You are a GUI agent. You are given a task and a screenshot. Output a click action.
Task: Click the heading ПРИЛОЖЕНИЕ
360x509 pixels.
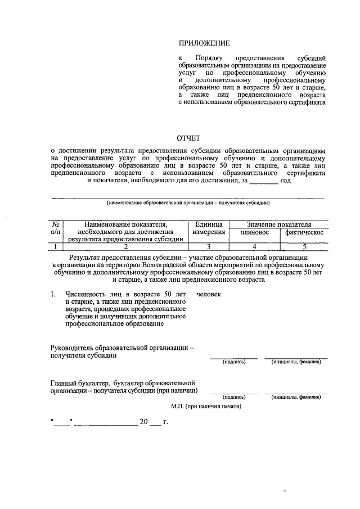coord(204,43)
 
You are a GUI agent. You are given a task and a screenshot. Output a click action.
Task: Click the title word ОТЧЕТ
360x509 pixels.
coord(188,138)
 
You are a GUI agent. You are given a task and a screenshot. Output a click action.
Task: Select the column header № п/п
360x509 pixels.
coord(56,228)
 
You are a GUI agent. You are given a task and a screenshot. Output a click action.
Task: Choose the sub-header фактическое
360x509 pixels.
coord(304,232)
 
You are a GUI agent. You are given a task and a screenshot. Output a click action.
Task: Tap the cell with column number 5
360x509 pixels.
coord(304,246)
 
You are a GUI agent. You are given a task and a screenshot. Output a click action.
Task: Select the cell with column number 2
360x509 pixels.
coord(126,246)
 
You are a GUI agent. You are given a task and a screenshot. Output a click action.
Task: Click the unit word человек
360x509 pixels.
coord(209,294)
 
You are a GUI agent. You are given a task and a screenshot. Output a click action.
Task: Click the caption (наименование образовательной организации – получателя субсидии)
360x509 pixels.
coord(188,202)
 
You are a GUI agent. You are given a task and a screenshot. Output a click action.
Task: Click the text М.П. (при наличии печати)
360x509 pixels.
coord(206,406)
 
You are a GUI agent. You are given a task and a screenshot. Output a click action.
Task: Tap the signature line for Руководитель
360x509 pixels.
coord(234,357)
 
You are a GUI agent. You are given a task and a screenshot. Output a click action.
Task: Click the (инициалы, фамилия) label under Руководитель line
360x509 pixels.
coord(296,362)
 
